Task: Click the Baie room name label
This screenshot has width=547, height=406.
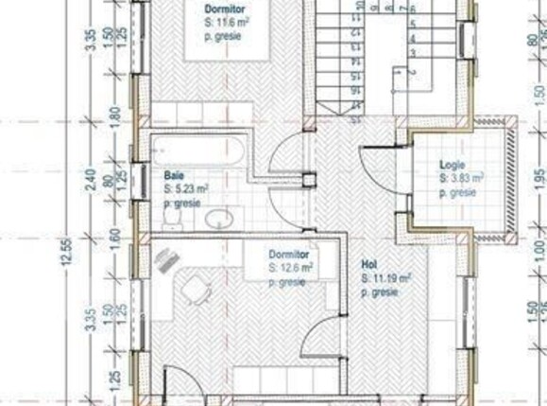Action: click(173, 175)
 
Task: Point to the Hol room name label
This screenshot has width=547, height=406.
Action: click(368, 266)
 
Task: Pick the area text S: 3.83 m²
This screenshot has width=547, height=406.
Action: click(461, 178)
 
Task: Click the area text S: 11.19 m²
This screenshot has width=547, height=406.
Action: click(386, 279)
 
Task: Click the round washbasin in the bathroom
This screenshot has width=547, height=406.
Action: click(219, 220)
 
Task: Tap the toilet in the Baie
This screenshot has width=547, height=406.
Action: click(172, 218)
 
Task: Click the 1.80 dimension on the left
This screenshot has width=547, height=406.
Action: click(114, 116)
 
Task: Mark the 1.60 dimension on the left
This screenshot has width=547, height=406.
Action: click(114, 236)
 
